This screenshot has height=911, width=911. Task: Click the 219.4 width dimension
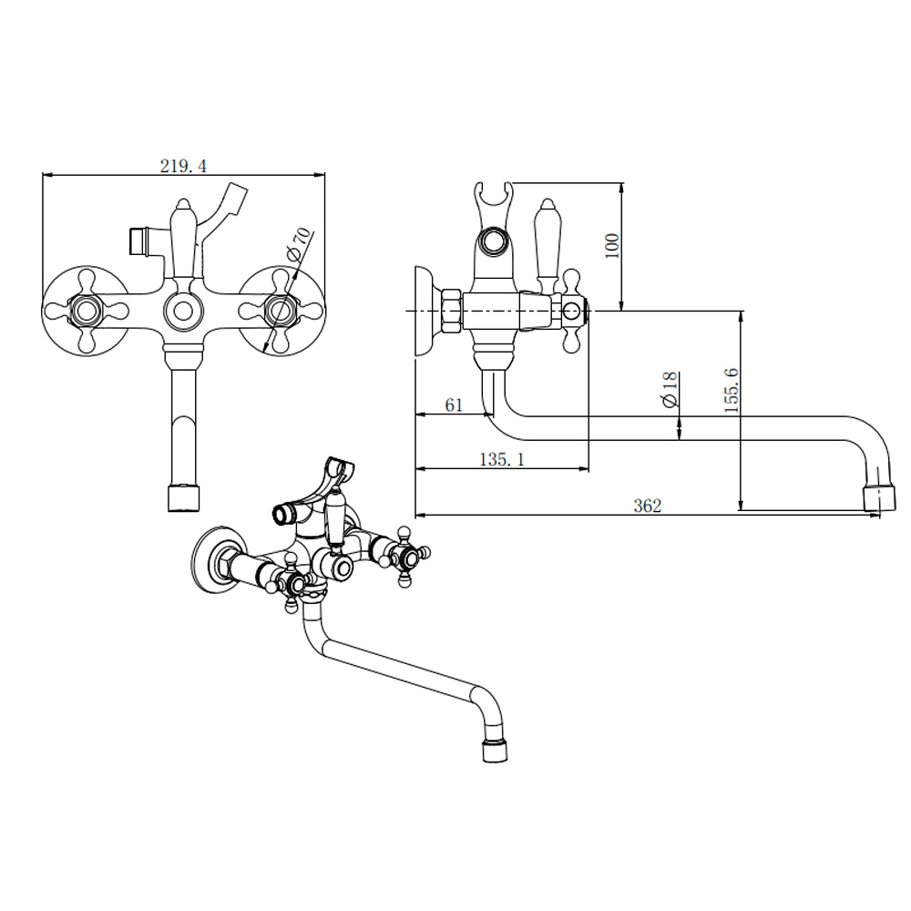pos(183,166)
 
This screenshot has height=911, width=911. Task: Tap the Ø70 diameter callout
pos(299,244)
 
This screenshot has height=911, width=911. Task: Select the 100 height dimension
pos(612,246)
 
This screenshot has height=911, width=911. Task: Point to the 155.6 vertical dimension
pos(732,390)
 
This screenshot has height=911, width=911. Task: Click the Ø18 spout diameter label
pos(670,389)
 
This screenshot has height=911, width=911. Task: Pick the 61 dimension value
pos(454,405)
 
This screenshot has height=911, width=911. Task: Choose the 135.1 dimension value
pos(502,459)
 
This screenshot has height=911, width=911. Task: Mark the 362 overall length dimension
pos(647,506)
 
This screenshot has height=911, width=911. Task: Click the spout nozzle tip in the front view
pos(184,498)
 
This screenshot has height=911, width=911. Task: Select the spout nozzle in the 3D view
pos(495,750)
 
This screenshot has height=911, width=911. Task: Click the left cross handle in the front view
pos(87,311)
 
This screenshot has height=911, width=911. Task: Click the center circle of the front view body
pos(184,312)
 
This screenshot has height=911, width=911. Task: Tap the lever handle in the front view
pos(183,239)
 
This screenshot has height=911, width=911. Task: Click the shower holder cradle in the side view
pos(493,220)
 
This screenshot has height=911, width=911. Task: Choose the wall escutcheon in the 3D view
pos(219,560)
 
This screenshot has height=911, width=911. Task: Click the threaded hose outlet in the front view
pos(140,241)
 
